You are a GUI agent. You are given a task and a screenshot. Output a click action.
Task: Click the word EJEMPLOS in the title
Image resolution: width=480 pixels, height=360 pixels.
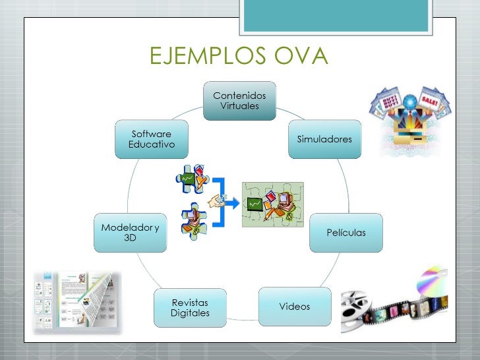click(200, 57)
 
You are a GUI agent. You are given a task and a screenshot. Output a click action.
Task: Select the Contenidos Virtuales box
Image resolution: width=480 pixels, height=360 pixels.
click(239, 101)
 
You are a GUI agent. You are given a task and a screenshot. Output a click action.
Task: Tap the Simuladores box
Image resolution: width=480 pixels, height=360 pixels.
click(324, 139)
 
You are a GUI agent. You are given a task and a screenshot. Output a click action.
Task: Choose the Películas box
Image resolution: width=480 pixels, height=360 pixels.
click(346, 233)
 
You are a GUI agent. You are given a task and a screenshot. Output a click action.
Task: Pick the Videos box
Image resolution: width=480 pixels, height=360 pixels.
click(294, 307)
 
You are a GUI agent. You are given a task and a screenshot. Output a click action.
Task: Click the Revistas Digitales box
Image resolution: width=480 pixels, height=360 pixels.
click(190, 307)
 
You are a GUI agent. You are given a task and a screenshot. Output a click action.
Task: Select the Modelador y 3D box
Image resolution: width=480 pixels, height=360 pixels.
click(131, 232)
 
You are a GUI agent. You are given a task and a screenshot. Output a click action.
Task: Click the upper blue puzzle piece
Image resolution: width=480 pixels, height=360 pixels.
click(192, 178)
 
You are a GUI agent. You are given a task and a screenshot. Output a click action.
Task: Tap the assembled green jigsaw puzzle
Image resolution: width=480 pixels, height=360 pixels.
click(272, 204)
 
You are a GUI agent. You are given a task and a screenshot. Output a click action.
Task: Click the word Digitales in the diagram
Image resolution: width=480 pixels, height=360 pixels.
click(190, 313)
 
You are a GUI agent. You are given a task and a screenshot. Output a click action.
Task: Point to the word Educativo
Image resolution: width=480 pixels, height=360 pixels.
click(152, 144)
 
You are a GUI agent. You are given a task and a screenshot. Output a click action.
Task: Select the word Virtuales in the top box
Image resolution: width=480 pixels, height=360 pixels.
click(239, 106)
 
